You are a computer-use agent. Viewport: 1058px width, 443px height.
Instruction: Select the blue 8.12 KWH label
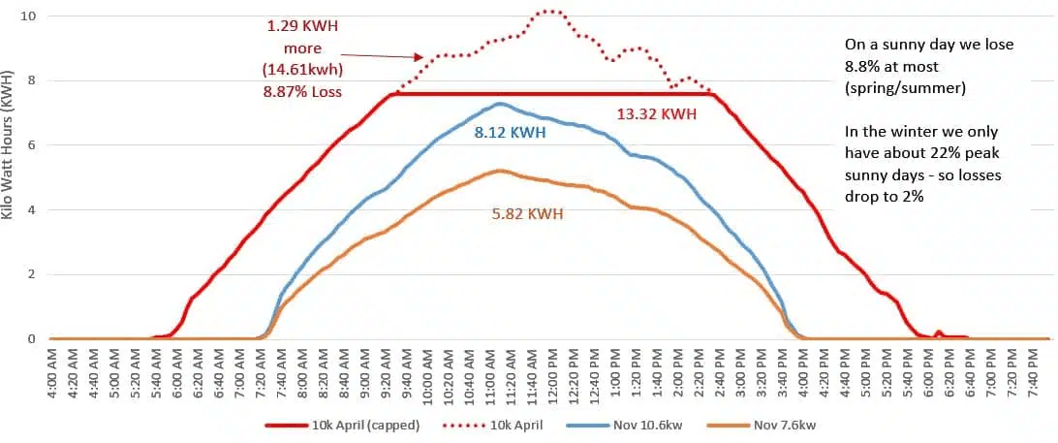510,132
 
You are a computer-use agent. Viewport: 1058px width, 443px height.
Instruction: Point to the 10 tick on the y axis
31,16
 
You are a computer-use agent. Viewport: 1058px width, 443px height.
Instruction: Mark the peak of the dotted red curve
550,11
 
